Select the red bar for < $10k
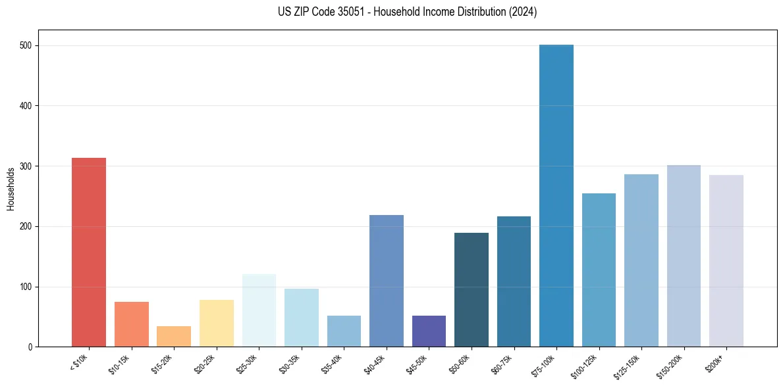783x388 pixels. [89, 253]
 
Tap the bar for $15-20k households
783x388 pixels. [174, 337]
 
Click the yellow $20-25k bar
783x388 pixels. [217, 324]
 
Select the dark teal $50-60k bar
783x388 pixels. [472, 290]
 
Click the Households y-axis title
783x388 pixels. [11, 189]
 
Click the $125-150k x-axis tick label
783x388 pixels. [630, 365]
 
